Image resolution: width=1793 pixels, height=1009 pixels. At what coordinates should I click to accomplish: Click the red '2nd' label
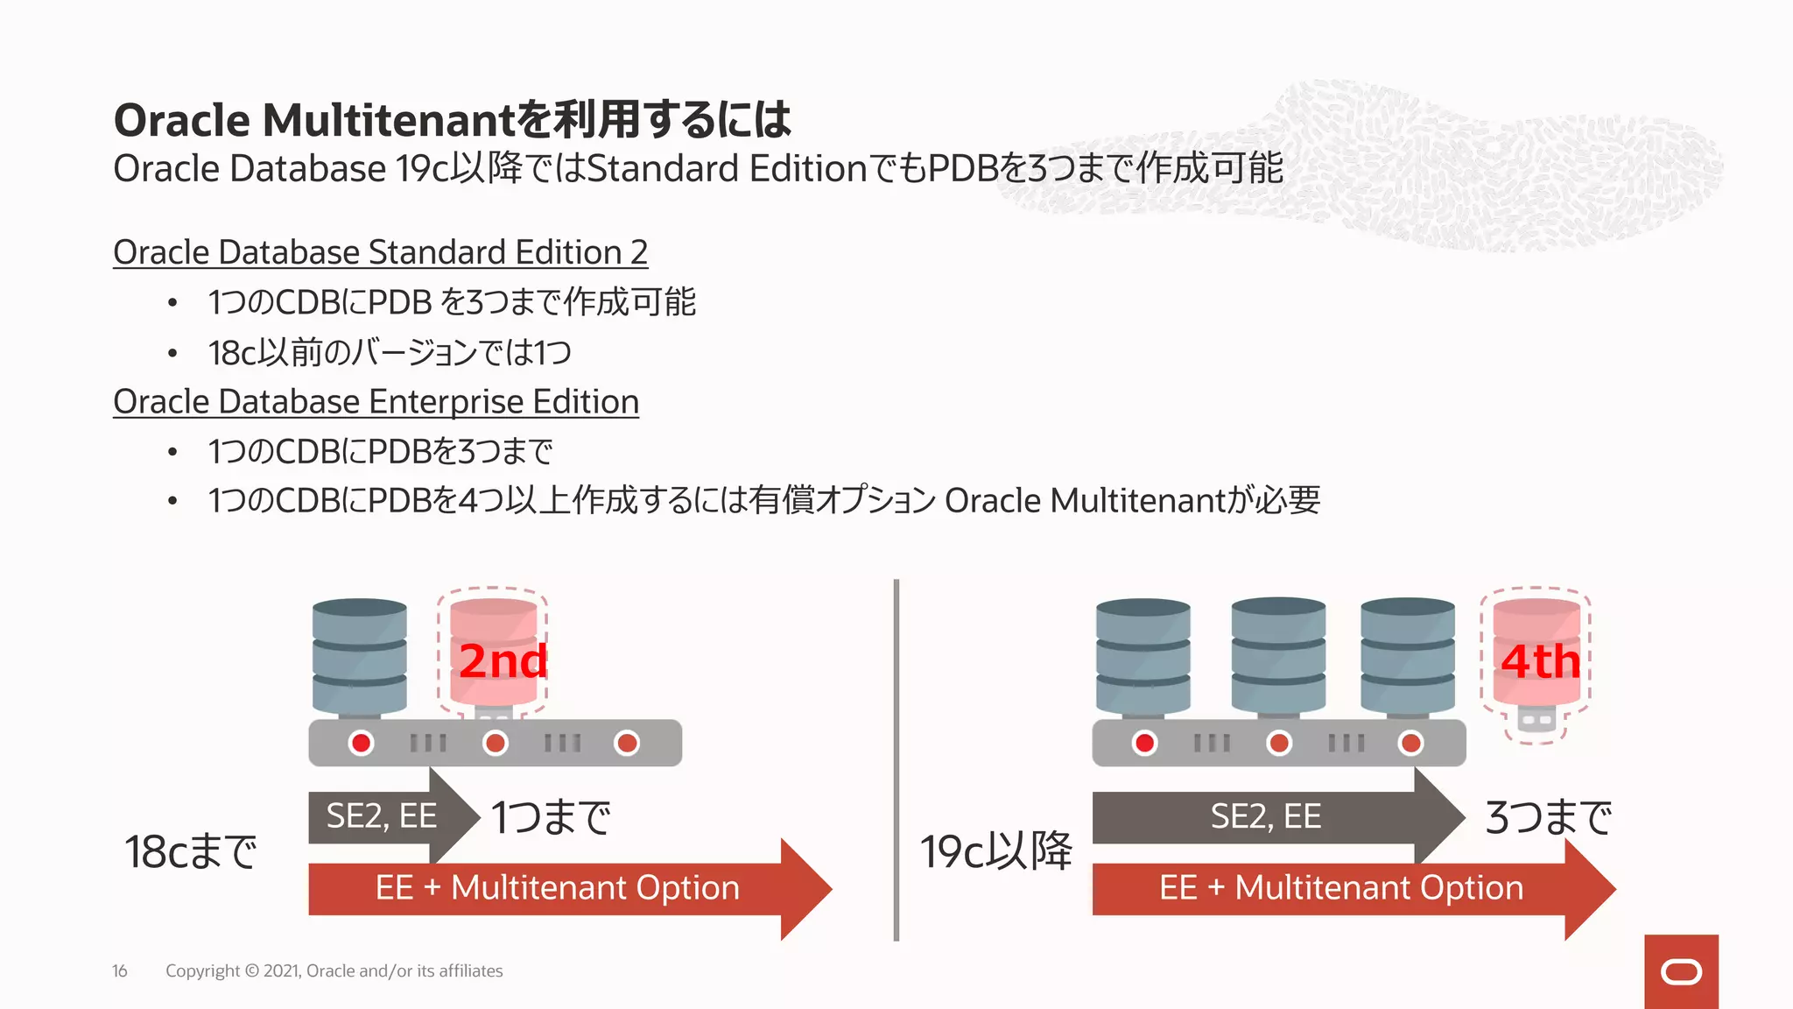[503, 661]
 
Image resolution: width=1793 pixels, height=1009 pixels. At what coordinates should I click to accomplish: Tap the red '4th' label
[1540, 661]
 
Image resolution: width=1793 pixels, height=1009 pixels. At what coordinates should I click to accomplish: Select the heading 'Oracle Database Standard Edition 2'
[380, 252]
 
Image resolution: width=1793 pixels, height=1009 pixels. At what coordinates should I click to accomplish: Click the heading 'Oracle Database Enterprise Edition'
[376, 402]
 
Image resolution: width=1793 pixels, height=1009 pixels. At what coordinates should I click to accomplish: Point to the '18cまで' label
[191, 851]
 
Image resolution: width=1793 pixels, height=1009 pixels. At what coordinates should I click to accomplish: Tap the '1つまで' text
[551, 817]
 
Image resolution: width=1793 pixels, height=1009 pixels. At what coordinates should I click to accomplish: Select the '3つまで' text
[1548, 817]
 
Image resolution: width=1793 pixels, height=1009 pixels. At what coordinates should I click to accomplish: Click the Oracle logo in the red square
[1681, 972]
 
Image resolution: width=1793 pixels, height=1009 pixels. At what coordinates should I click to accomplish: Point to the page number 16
[120, 971]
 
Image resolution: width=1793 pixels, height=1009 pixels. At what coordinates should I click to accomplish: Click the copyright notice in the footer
[334, 971]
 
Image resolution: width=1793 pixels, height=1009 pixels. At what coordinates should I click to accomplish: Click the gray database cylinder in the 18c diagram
[359, 655]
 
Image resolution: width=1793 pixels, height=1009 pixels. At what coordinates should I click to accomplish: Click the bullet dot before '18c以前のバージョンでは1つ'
[172, 354]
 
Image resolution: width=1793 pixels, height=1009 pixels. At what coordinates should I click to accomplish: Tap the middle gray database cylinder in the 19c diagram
[1277, 655]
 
